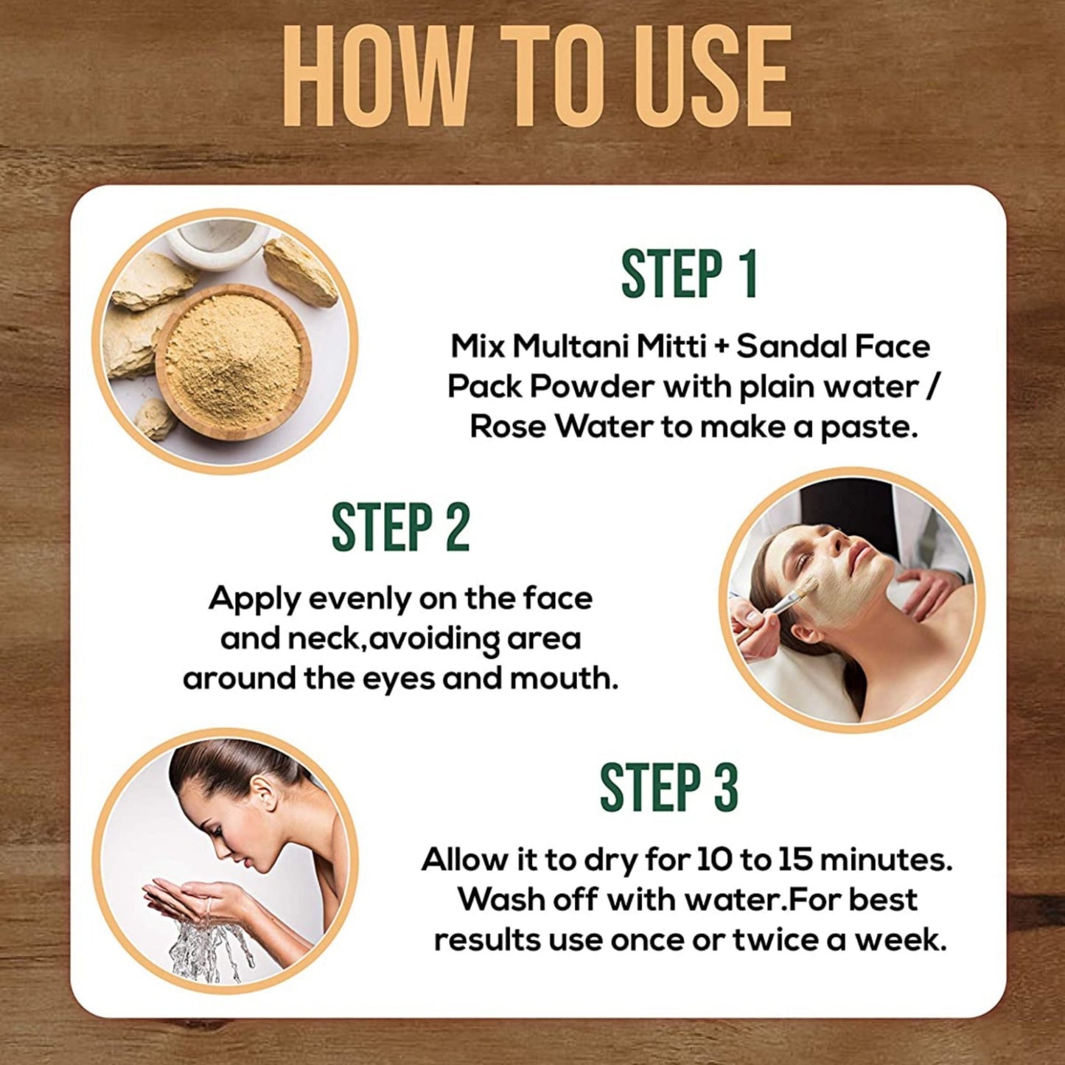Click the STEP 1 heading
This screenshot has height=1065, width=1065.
[x=689, y=274]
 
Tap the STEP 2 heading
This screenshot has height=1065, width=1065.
[x=400, y=528]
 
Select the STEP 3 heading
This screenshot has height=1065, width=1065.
[x=668, y=788]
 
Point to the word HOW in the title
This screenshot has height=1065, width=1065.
[x=376, y=77]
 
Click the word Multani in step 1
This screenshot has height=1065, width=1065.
[x=571, y=346]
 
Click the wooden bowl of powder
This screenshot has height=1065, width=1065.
[x=233, y=362]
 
